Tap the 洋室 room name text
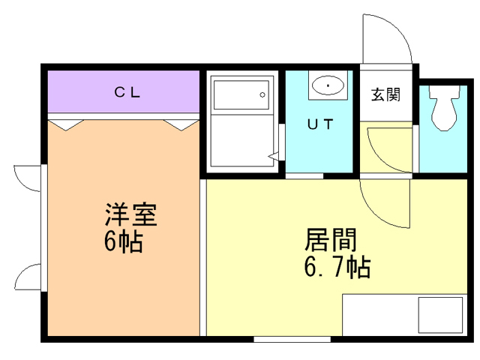pos(130,215)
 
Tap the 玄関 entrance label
pos(385,94)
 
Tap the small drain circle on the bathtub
pos(262,94)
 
